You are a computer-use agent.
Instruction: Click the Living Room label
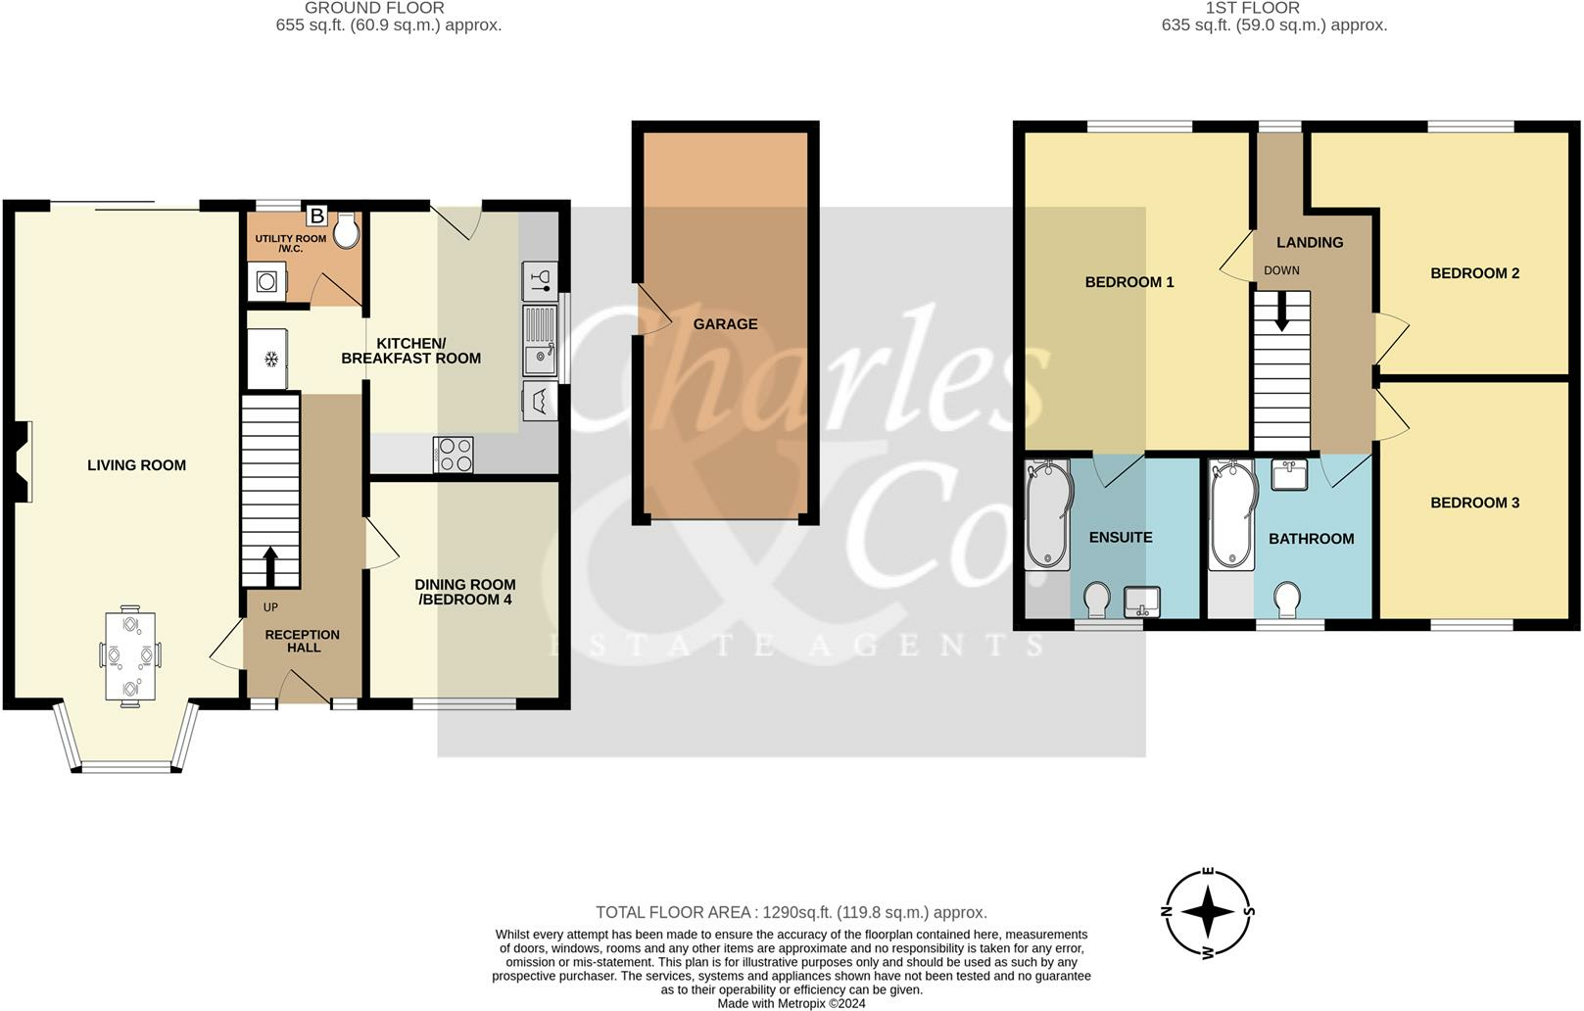pos(136,465)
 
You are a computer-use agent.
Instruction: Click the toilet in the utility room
pos(346,231)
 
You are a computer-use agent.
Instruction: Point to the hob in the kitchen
pos(453,455)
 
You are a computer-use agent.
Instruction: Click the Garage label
pos(725,324)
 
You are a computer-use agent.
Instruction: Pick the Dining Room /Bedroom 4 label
pos(465,592)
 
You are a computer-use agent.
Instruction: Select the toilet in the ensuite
pos(1098,598)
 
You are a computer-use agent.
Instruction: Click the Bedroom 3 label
pos(1474,503)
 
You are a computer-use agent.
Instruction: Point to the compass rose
pos(1210,913)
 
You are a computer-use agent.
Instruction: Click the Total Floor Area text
pos(791,912)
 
